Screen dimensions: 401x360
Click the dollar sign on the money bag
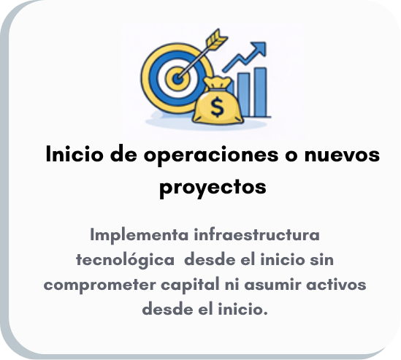point(218,107)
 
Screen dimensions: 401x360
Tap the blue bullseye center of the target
point(177,79)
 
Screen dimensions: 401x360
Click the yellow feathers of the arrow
point(217,39)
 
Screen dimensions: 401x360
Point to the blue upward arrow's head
point(259,49)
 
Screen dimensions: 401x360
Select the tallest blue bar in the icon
point(260,92)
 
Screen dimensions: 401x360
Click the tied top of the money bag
point(218,83)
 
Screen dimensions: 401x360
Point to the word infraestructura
point(257,234)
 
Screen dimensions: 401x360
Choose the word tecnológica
point(126,260)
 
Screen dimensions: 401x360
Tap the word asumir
point(272,284)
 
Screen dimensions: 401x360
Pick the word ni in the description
point(232,284)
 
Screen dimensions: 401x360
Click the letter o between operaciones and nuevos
point(291,156)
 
